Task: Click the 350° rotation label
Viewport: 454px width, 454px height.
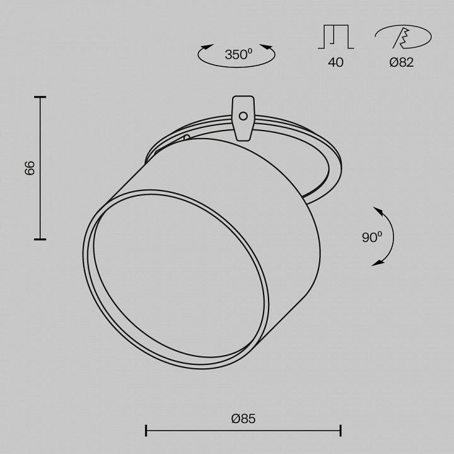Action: point(238,55)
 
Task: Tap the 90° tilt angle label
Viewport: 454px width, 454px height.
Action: point(371,238)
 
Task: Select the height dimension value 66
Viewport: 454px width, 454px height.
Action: point(30,168)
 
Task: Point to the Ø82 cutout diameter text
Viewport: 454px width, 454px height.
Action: point(401,62)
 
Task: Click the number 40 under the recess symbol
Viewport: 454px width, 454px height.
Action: point(335,62)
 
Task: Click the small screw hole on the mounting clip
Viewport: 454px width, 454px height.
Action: point(243,115)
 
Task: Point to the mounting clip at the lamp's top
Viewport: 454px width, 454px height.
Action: point(243,117)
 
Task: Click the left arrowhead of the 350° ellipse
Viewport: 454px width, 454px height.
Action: point(206,46)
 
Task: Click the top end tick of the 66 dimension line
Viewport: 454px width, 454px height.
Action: point(40,97)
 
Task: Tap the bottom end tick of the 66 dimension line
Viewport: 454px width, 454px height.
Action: point(40,240)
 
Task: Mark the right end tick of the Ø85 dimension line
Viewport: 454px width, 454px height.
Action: point(340,431)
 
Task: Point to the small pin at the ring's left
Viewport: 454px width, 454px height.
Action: point(186,137)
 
